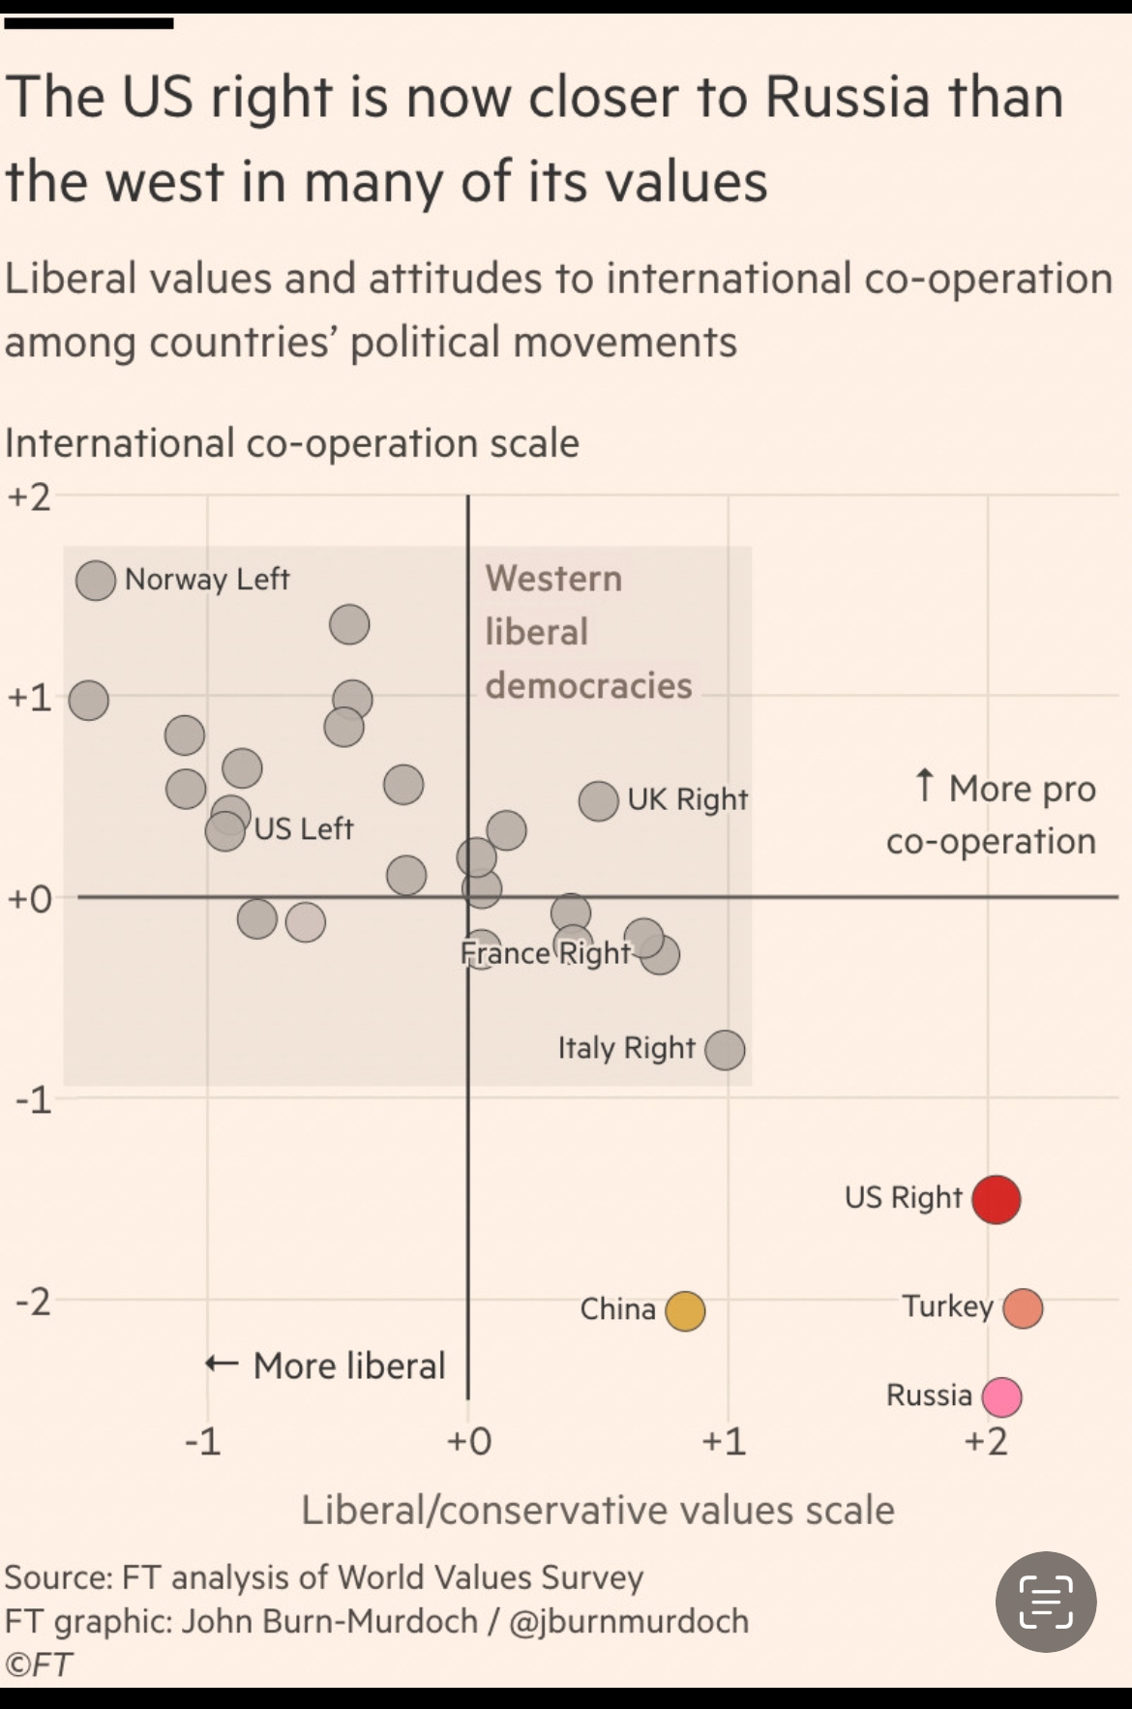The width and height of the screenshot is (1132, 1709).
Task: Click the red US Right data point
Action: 996,1199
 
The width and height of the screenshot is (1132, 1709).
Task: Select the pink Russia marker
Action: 1001,1396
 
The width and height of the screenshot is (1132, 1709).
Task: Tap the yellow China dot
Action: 685,1311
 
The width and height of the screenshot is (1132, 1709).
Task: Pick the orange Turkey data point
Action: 1023,1308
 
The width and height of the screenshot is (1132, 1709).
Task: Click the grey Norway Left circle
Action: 96,581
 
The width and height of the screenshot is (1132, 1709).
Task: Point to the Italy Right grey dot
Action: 725,1049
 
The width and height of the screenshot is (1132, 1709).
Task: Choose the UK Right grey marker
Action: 599,801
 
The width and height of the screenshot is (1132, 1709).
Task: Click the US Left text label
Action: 304,829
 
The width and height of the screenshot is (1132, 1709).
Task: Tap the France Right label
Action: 546,953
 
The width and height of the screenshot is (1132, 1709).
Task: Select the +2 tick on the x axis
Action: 986,1442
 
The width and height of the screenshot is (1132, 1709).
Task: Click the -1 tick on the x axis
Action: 203,1442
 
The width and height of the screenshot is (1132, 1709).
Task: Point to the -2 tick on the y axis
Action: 32,1303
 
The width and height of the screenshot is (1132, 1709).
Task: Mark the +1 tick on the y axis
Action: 29,698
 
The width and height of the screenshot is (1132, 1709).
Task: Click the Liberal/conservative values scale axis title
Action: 598,1510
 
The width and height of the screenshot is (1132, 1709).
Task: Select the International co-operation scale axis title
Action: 292,443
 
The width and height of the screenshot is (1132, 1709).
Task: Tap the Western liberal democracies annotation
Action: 587,632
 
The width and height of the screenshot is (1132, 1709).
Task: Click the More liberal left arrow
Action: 222,1364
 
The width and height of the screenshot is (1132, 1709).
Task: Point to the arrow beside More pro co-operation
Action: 925,787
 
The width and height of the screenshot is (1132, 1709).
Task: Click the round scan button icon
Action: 1046,1602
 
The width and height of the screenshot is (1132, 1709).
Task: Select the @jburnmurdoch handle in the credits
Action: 629,1621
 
